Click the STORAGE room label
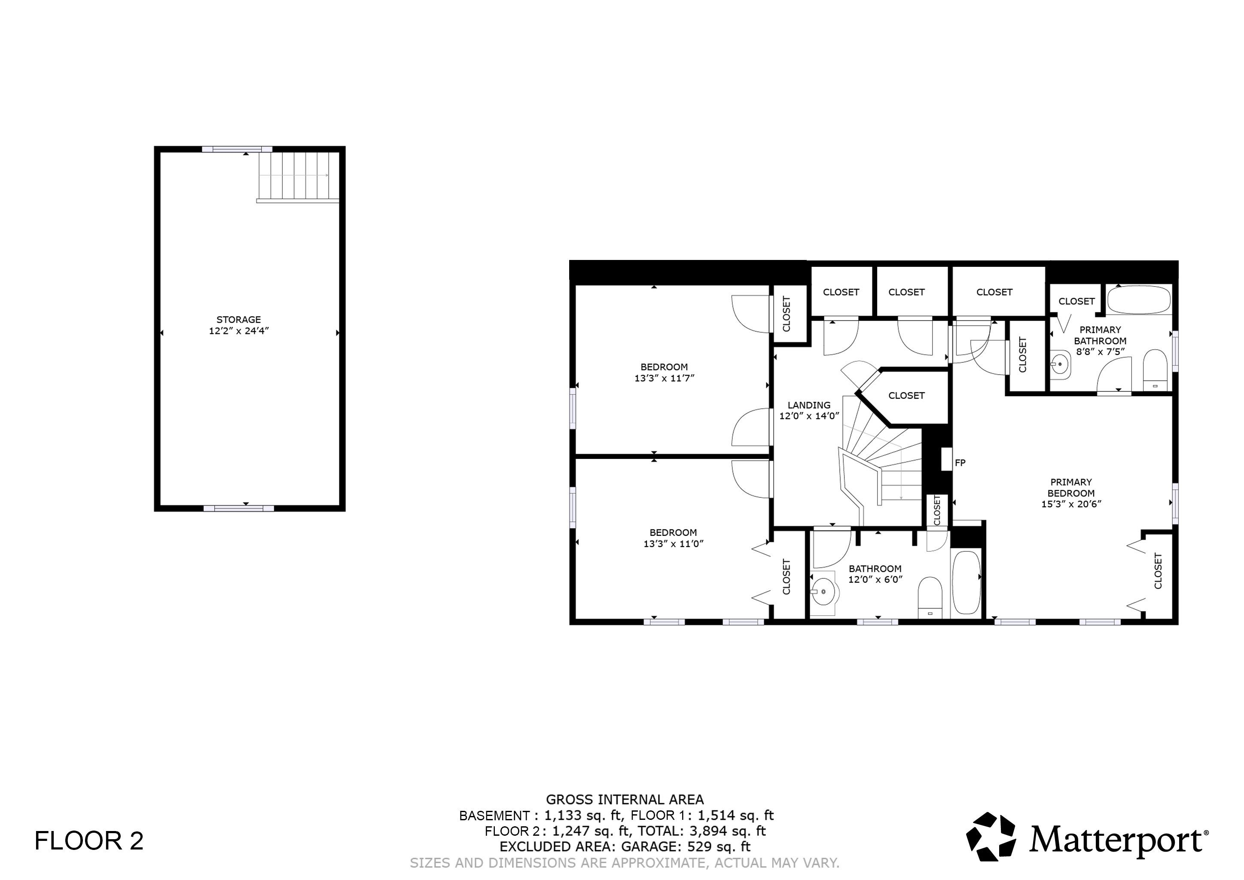click(238, 319)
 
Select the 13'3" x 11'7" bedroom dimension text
click(664, 378)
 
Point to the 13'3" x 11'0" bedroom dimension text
click(673, 544)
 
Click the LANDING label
click(809, 405)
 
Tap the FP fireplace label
click(960, 463)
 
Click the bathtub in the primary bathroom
click(1138, 299)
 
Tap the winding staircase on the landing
click(889, 461)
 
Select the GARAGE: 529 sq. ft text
click(686, 846)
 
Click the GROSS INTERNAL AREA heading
click(624, 799)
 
